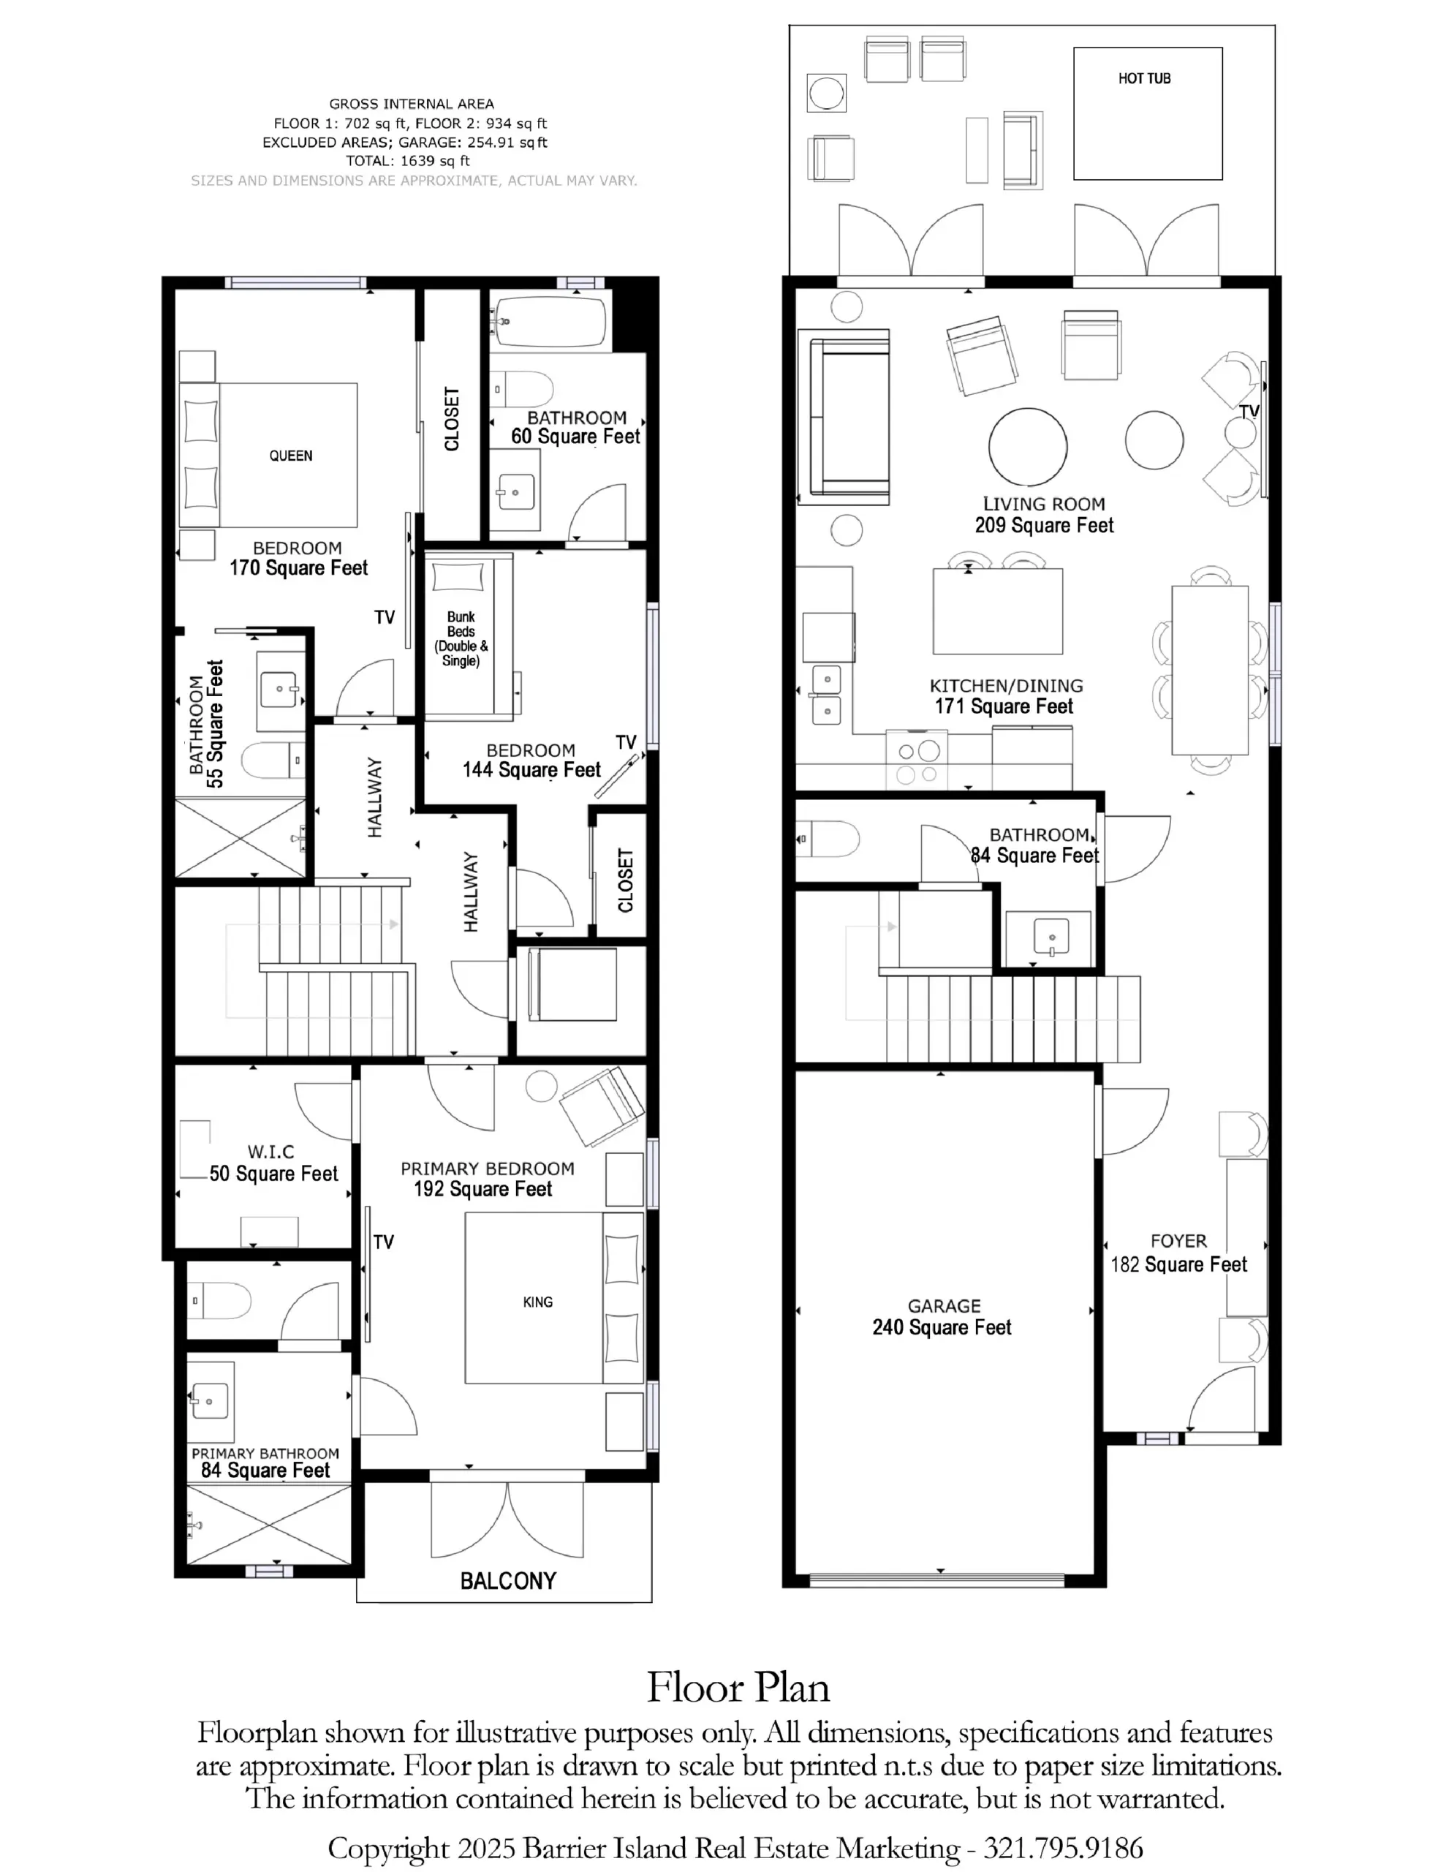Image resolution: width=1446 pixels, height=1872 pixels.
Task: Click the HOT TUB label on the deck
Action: (x=1143, y=79)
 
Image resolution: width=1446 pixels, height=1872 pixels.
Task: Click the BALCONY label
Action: (x=508, y=1580)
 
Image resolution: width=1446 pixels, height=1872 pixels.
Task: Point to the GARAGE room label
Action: (x=944, y=1305)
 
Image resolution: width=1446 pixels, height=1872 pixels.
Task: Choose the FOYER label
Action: (x=1178, y=1240)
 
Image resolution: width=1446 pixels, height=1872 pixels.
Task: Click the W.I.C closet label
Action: (x=271, y=1152)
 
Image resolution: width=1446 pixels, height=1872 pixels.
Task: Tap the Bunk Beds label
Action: (x=461, y=638)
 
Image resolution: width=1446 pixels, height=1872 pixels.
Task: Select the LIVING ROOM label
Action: (x=1044, y=504)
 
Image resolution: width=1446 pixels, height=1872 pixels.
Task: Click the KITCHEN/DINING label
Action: (x=1007, y=686)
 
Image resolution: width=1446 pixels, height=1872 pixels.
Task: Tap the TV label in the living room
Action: (x=1249, y=412)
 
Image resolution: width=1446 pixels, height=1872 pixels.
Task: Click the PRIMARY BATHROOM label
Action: (x=265, y=1454)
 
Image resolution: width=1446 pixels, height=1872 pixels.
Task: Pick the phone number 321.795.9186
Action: (x=1063, y=1847)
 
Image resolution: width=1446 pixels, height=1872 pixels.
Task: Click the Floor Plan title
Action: (x=738, y=1687)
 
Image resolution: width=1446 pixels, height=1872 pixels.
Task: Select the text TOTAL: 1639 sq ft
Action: (x=408, y=161)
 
